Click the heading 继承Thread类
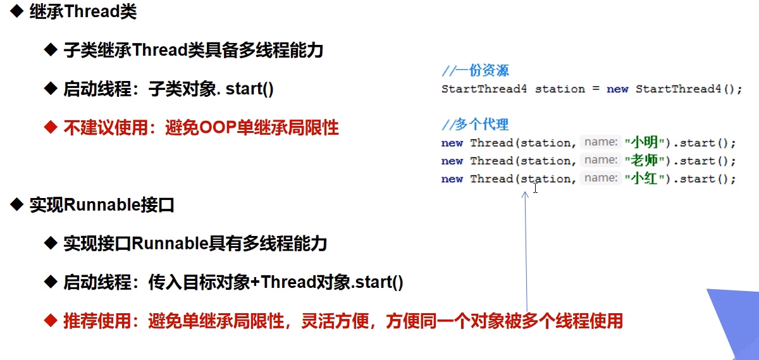coord(83,11)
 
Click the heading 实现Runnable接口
coord(102,205)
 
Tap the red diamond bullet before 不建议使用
coord(51,127)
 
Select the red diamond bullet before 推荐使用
coord(51,321)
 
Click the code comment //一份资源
coord(475,70)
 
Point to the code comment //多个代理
coord(475,125)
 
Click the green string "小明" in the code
coord(644,142)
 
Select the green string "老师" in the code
coord(644,160)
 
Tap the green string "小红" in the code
coord(644,178)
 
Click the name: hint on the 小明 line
coord(601,142)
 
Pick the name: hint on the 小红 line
coord(601,178)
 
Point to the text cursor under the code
coord(535,188)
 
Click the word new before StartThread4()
coord(617,89)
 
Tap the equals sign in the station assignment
coord(596,89)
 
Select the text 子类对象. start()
coord(211,89)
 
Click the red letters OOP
coord(218,128)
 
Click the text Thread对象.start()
coord(332,282)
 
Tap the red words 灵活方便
coord(335,321)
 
